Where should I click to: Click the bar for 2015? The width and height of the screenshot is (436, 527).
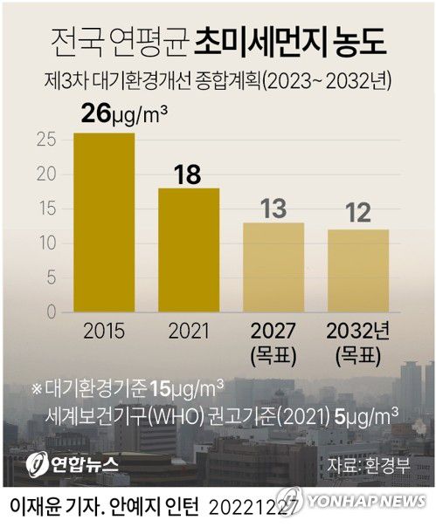(104, 222)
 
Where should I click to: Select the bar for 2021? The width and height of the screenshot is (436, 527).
(188, 250)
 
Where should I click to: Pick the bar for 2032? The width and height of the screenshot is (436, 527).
(358, 270)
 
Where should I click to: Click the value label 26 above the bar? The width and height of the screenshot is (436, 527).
(99, 113)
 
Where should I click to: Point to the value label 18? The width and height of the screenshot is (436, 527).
(189, 173)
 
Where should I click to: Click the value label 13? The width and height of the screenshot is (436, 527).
(273, 208)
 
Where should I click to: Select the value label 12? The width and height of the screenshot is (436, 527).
(358, 212)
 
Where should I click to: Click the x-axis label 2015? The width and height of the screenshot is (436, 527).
(104, 332)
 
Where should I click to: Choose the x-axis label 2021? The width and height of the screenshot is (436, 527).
(188, 332)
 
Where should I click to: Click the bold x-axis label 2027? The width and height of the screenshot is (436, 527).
(273, 332)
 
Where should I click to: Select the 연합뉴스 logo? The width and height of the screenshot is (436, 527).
(66, 462)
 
